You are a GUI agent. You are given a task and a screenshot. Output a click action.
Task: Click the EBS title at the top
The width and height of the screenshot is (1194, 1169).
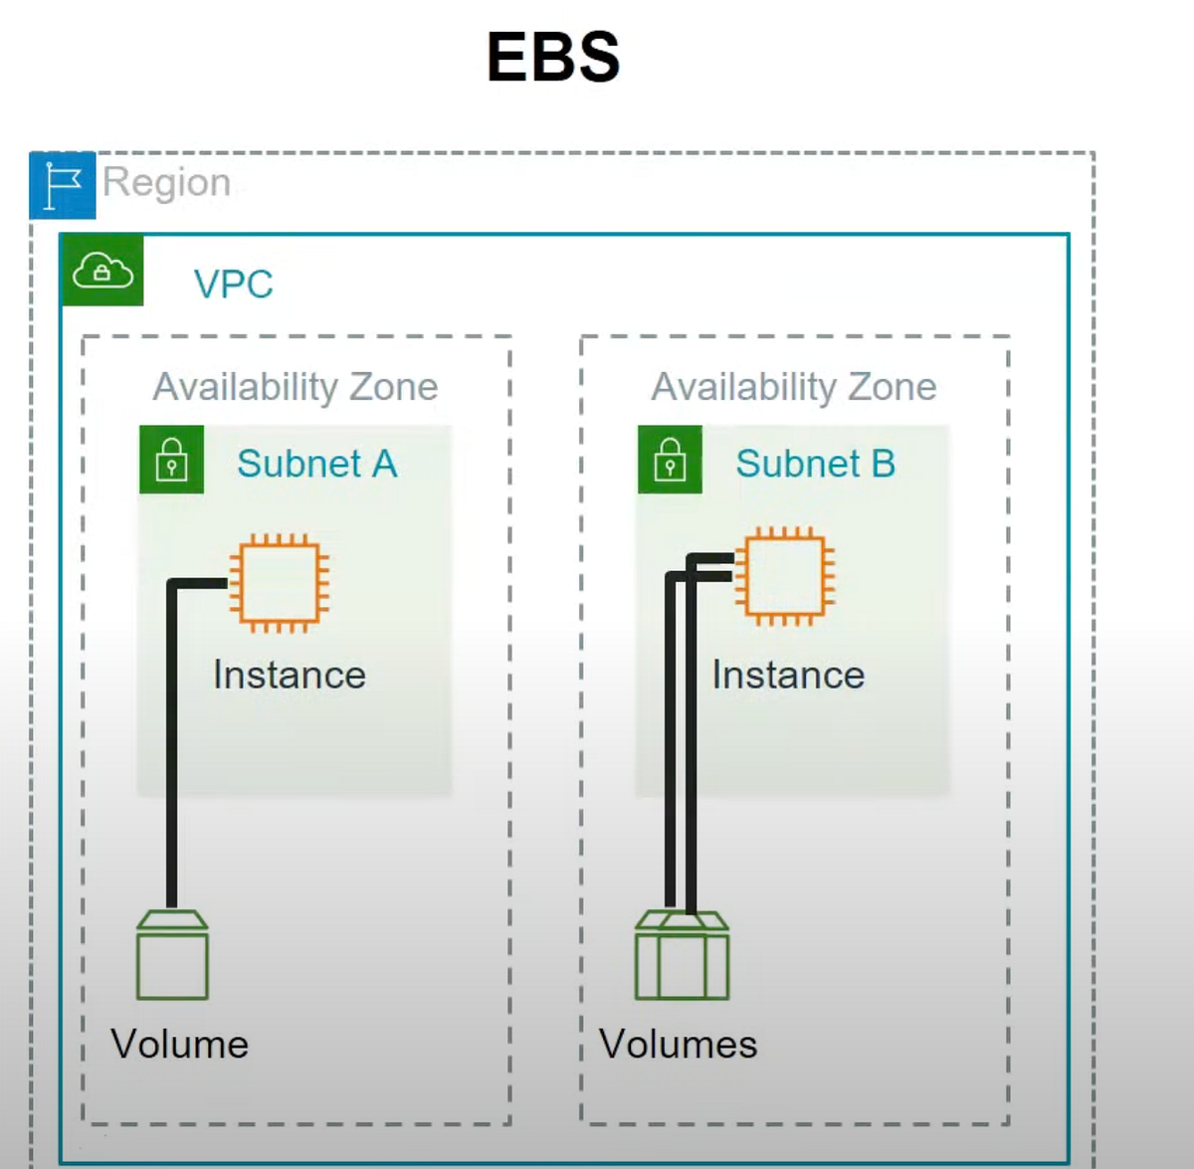(553, 57)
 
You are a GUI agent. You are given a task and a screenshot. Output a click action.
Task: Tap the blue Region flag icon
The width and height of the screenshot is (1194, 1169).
(63, 185)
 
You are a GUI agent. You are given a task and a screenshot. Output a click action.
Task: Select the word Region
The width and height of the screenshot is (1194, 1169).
(166, 183)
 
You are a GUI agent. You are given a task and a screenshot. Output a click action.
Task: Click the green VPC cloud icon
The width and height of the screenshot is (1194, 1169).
(102, 270)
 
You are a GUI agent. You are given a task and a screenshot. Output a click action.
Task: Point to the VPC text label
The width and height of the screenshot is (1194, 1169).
(233, 285)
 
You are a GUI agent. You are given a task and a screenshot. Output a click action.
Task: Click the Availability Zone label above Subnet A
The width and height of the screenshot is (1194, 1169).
(295, 387)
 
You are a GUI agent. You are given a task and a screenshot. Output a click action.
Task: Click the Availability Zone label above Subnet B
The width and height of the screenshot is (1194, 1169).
(793, 387)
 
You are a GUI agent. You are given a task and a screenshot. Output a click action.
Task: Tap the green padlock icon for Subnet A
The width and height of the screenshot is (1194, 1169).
(172, 460)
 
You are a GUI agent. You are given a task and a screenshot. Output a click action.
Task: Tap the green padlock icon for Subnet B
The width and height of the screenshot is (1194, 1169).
(670, 460)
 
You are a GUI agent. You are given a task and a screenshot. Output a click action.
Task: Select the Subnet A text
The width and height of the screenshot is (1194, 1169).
(316, 464)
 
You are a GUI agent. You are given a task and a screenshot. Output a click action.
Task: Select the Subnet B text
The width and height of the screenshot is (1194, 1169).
(815, 464)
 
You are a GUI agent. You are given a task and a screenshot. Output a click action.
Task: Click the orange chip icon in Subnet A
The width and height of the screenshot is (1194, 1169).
(280, 583)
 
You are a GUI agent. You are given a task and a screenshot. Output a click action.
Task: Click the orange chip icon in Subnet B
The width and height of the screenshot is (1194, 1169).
(785, 576)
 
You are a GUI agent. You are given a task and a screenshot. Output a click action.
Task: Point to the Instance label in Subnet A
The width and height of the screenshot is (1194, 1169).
(289, 676)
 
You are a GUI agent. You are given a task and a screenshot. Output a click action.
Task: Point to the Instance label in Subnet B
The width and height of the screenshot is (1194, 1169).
(788, 676)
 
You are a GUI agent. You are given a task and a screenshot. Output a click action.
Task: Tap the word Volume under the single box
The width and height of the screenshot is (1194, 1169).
(179, 1045)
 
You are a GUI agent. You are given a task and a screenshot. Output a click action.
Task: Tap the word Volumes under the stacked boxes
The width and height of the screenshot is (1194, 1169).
(678, 1045)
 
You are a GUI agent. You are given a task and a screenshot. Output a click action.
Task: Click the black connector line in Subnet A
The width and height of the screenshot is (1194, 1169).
(172, 746)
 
